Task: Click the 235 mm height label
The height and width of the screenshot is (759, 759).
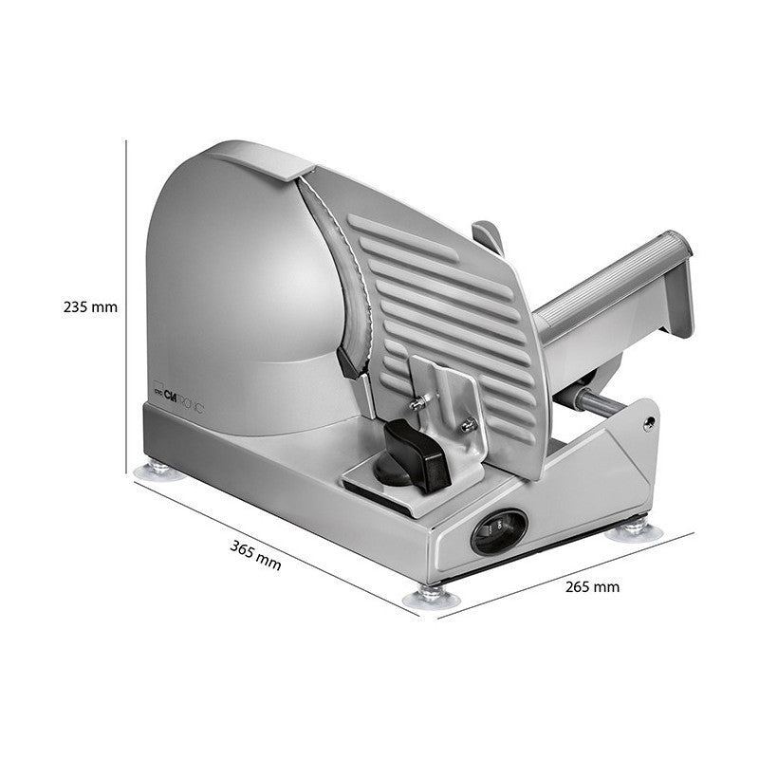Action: click(90, 307)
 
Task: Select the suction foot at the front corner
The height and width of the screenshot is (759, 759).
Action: click(431, 597)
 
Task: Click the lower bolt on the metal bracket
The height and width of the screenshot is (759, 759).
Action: click(467, 426)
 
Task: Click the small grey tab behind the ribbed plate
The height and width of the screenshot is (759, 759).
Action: click(488, 237)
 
